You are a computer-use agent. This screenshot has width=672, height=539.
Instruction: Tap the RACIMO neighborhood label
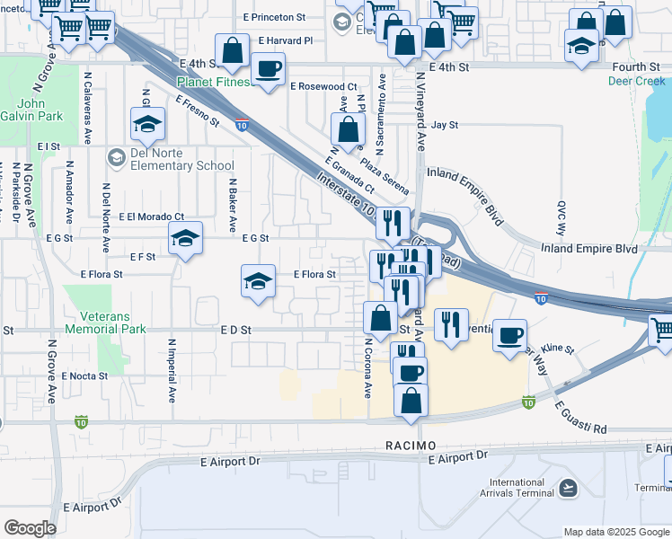411,446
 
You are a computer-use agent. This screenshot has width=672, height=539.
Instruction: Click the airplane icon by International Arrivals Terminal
567,488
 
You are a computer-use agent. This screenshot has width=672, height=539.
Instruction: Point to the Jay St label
445,126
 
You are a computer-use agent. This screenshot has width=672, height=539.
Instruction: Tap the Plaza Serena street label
385,177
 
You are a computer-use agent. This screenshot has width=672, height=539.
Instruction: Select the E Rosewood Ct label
323,86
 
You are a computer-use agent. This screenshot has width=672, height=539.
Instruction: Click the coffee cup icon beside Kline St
510,335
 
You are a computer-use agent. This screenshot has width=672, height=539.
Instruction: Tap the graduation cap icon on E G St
185,238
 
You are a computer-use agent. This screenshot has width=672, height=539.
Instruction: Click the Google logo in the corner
31,527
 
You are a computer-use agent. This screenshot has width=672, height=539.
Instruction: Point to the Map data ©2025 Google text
615,532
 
